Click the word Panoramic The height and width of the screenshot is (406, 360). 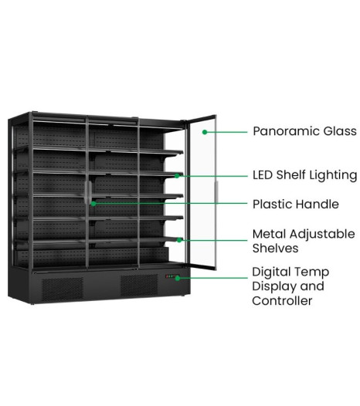click(286, 131)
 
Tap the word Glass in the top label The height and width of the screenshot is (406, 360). click(340, 131)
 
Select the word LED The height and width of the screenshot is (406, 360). click(263, 175)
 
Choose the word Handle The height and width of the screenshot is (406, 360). click(318, 205)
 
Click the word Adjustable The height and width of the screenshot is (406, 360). click(322, 235)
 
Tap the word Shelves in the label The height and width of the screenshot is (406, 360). click(275, 249)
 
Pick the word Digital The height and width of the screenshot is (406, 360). click(271, 272)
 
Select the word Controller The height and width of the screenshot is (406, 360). click(282, 301)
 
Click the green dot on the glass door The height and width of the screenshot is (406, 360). click(205, 132)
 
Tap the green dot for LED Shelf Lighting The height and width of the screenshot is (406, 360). click(177, 176)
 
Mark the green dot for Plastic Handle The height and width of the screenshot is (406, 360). click(93, 204)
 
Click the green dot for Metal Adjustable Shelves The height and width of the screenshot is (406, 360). click(179, 240)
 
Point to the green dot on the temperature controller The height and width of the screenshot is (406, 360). click(178, 279)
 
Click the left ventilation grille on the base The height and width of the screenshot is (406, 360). click(63, 289)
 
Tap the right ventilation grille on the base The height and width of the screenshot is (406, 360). click(139, 286)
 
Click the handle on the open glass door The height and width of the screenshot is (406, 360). click(216, 192)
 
